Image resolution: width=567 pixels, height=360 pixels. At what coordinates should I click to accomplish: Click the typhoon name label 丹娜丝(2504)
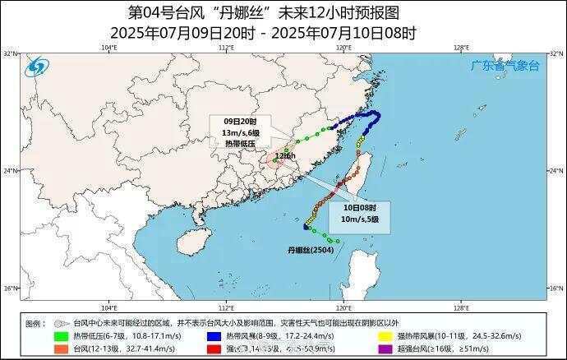pos(309,247)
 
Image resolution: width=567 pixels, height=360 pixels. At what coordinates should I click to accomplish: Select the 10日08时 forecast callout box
pos(361,213)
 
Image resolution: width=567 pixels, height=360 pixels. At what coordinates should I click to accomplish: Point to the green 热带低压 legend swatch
pos(62,336)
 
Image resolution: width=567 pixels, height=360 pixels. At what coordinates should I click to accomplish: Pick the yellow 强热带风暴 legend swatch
pos(383,336)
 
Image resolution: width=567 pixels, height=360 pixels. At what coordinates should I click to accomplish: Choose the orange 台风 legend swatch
pos(62,349)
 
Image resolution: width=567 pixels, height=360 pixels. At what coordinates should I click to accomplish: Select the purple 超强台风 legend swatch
pos(383,349)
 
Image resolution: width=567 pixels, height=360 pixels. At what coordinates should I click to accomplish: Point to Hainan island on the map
pos(190,241)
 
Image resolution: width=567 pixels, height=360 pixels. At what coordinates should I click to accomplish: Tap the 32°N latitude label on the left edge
pos(10,53)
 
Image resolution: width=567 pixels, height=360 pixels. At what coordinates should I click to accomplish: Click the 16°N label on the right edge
pos(555,288)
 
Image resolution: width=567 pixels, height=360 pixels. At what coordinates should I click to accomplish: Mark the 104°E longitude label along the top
pos(108,48)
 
